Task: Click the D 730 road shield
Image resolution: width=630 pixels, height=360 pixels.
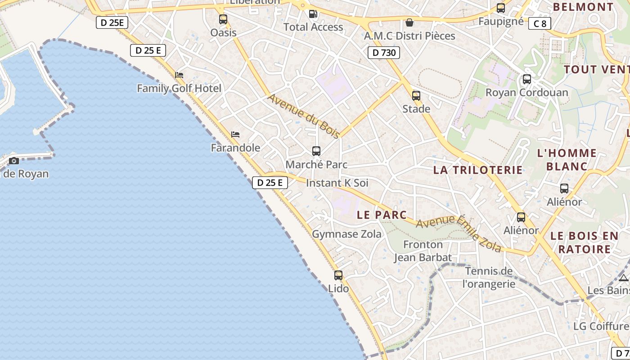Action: click(x=384, y=53)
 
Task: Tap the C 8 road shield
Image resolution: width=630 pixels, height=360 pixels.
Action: click(x=540, y=23)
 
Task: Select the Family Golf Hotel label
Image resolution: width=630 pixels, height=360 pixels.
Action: click(x=179, y=88)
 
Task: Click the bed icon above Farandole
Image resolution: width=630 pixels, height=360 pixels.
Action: click(x=235, y=134)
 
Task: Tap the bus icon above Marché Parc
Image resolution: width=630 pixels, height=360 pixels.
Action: click(x=316, y=151)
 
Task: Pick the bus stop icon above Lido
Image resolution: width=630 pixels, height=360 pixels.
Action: click(x=338, y=275)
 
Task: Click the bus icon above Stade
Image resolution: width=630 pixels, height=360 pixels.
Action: click(x=416, y=96)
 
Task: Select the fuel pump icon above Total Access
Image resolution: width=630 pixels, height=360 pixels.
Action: click(x=313, y=14)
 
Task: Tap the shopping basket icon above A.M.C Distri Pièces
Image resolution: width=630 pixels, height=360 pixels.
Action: click(x=409, y=22)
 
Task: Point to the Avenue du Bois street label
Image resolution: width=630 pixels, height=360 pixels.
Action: click(x=304, y=116)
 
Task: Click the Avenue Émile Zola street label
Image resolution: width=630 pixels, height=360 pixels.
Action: click(x=459, y=233)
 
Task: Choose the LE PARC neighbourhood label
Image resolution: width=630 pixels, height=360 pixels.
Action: click(x=382, y=215)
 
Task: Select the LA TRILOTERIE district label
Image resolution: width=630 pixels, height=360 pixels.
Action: click(x=478, y=170)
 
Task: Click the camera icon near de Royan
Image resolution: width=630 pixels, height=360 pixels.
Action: click(x=14, y=161)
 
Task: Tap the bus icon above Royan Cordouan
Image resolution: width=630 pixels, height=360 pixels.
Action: click(x=526, y=79)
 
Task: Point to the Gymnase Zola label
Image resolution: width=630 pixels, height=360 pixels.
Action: click(x=346, y=234)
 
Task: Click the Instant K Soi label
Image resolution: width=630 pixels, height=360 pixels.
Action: click(x=337, y=183)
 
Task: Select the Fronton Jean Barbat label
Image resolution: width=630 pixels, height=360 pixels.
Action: click(x=423, y=251)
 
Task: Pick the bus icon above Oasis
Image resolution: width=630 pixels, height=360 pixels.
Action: click(x=223, y=19)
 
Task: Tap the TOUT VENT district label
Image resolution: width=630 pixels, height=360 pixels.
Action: click(x=596, y=69)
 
